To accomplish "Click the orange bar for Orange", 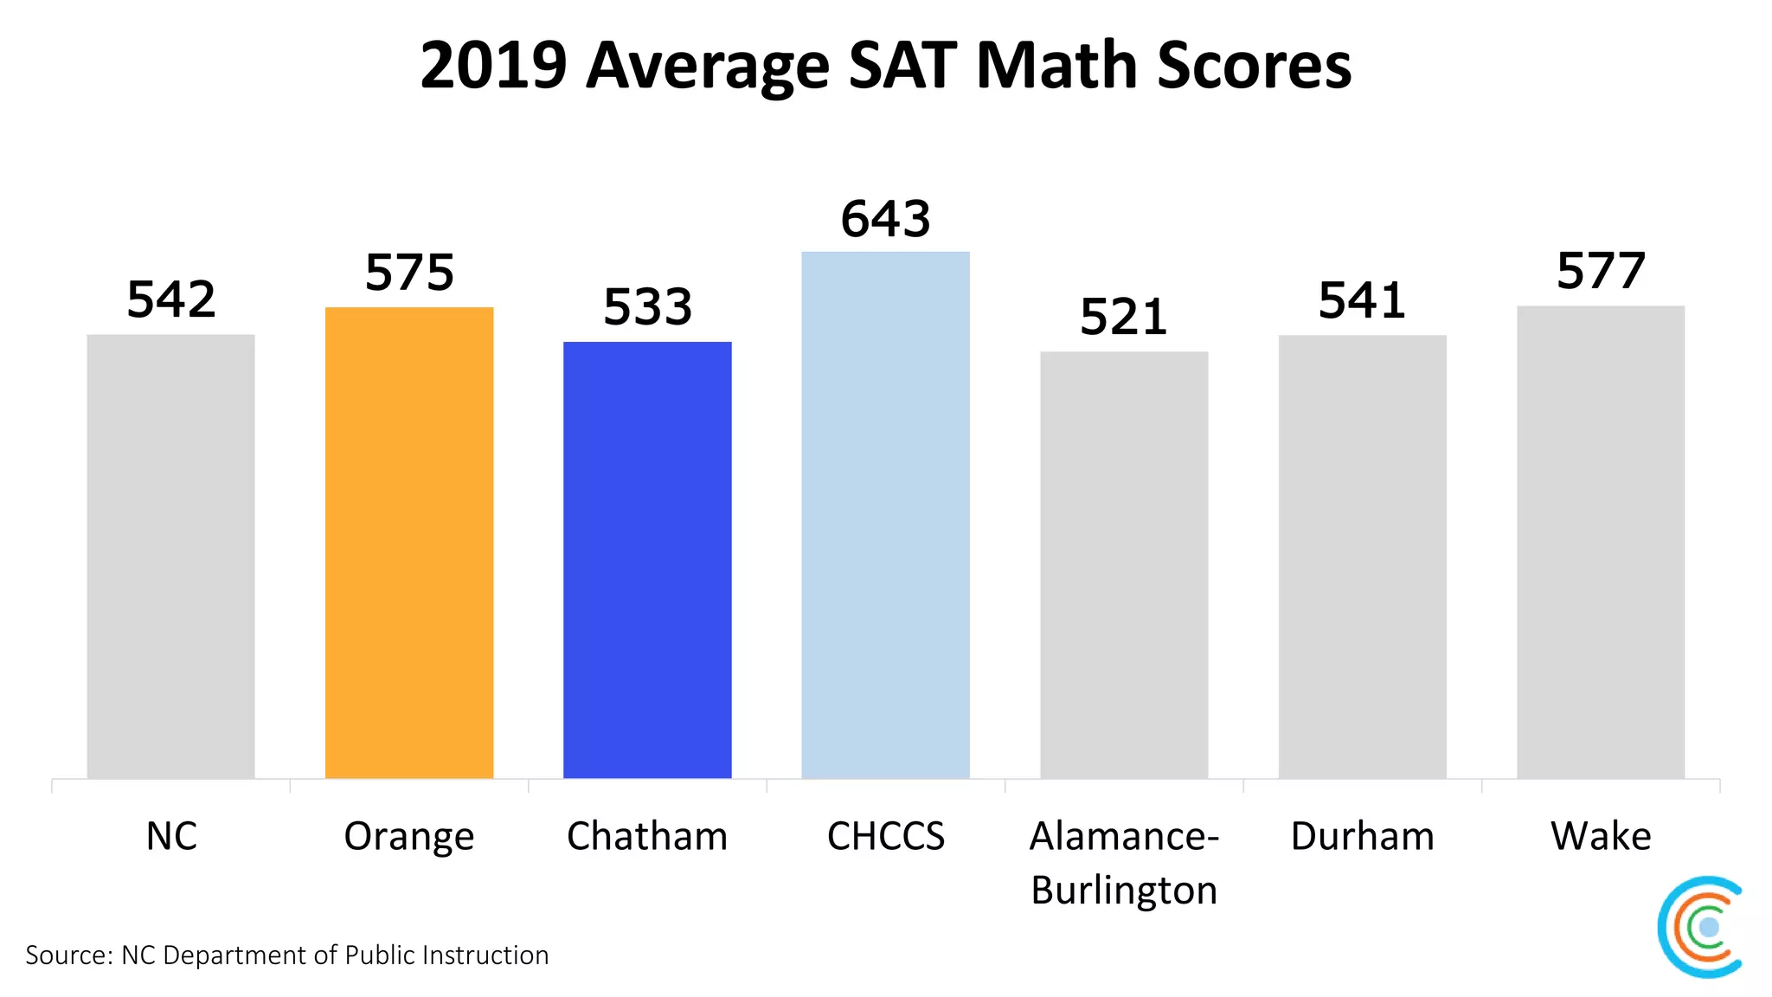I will pyautogui.click(x=409, y=543).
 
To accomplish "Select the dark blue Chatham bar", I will pyautogui.click(x=647, y=560).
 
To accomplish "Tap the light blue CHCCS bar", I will pyautogui.click(x=885, y=515).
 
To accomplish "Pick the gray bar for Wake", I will pyautogui.click(x=1601, y=542).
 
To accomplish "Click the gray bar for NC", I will pyautogui.click(x=171, y=556).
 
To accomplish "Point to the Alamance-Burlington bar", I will pyautogui.click(x=1124, y=564).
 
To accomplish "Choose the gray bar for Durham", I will pyautogui.click(x=1362, y=556).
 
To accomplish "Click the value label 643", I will pyautogui.click(x=885, y=219).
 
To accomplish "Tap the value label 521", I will pyautogui.click(x=1124, y=318).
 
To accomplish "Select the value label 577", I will pyautogui.click(x=1601, y=272).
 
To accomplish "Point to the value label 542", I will pyautogui.click(x=171, y=300).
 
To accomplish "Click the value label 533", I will pyautogui.click(x=647, y=307).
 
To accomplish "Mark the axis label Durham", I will pyautogui.click(x=1362, y=836).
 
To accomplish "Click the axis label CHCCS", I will pyautogui.click(x=885, y=836).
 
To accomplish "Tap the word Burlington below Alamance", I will pyautogui.click(x=1124, y=891).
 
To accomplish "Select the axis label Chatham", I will pyautogui.click(x=647, y=836).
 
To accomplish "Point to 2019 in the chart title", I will pyautogui.click(x=493, y=66).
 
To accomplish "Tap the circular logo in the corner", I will pyautogui.click(x=1700, y=927).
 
